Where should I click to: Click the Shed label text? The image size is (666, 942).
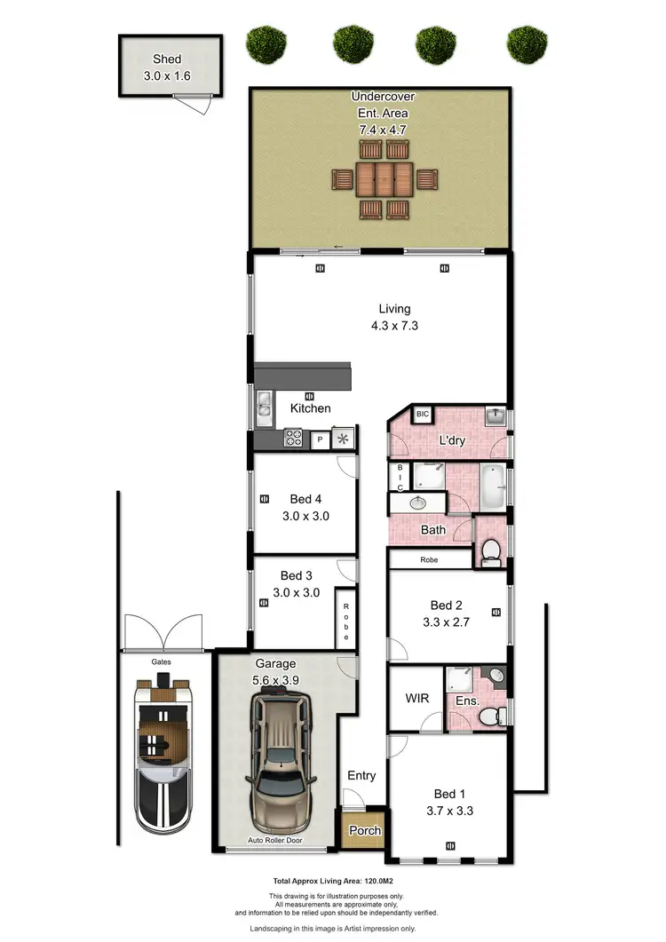coord(167,59)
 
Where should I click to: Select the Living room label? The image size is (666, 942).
coord(394,309)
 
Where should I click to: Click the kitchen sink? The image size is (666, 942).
coord(264,407)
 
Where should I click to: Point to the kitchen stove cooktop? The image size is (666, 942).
coord(293,438)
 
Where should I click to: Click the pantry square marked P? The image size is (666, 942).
coord(318,439)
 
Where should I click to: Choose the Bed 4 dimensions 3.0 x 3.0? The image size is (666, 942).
coord(305,515)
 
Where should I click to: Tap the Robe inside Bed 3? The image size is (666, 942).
coord(346,616)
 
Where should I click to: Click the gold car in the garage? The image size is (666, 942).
coord(281,764)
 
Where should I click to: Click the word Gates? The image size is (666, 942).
coord(161,661)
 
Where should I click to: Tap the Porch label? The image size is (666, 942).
coord(365,831)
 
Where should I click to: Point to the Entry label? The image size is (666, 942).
coord(361,775)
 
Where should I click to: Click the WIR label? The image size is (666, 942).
coord(417,699)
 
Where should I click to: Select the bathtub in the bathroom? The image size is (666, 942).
coord(491,486)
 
